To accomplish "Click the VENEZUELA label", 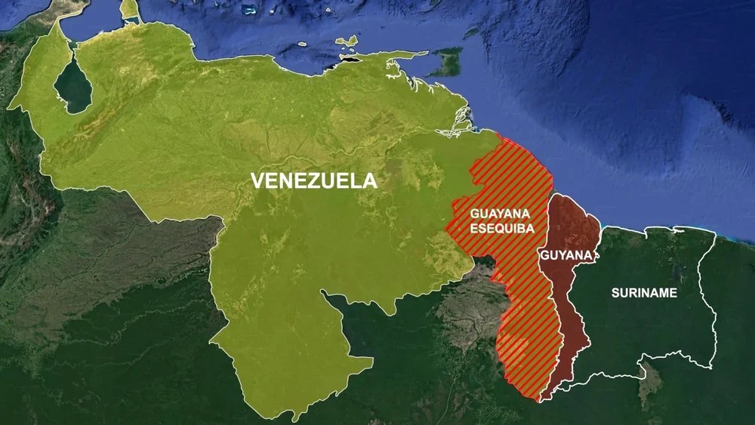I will [x=313, y=180].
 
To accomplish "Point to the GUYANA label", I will [x=565, y=255].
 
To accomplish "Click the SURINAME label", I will [x=644, y=292].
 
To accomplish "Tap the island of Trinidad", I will [x=448, y=63].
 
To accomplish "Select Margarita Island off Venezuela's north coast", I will [x=348, y=43].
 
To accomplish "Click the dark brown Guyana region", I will [x=574, y=302].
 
